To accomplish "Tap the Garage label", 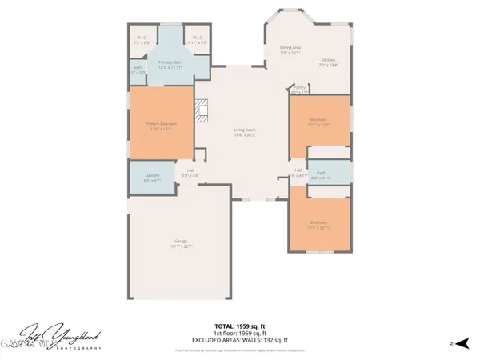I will click(x=181, y=242).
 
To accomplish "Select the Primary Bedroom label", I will click(x=161, y=124).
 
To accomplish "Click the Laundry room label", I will click(x=152, y=176).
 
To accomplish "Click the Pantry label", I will click(x=299, y=88).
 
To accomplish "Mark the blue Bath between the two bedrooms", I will click(x=320, y=174).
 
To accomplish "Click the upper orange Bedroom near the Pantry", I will click(x=318, y=122).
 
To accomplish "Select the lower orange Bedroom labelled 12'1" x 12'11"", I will click(x=318, y=226).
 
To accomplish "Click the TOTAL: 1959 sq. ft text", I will click(x=240, y=326).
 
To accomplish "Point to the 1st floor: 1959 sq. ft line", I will click(x=240, y=333).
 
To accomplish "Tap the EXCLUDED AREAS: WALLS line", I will click(x=240, y=340).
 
